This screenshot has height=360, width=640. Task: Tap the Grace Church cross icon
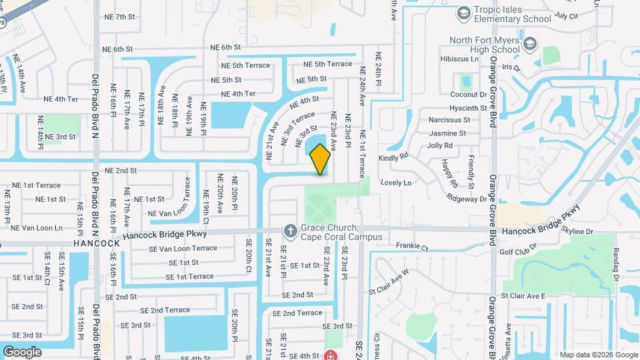pyautogui.click(x=290, y=231)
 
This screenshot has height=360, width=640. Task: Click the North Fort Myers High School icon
pyautogui.click(x=530, y=45)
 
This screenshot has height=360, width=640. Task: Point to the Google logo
pyautogui.click(x=22, y=351)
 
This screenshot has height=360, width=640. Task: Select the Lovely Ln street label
pyautogui.click(x=396, y=182)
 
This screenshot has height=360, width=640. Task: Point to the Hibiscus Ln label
pyautogui.click(x=460, y=59)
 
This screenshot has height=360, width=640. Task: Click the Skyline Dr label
pyautogui.click(x=577, y=231)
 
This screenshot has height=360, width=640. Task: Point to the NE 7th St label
pyautogui.click(x=120, y=16)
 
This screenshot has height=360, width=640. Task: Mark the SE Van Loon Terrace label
pyautogui.click(x=183, y=248)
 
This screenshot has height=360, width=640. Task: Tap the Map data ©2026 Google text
pyautogui.click(x=597, y=354)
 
